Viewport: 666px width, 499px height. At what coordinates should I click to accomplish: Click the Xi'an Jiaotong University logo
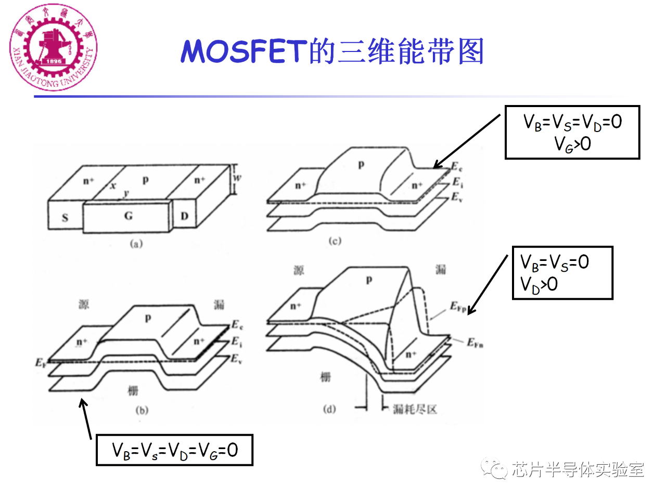(53, 48)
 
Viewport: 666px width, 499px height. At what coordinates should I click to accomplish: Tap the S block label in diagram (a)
(65, 217)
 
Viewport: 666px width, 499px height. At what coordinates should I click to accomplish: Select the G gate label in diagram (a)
(128, 216)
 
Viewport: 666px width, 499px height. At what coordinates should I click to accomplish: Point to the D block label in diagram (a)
(184, 216)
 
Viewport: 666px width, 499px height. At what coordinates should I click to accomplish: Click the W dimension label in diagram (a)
(237, 178)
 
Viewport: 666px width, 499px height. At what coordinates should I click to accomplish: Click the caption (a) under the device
(136, 243)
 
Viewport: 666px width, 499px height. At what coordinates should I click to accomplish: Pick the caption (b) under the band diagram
(142, 410)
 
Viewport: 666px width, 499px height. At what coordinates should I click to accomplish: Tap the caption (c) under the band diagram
(335, 241)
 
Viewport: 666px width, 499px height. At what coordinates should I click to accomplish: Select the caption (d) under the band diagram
(329, 409)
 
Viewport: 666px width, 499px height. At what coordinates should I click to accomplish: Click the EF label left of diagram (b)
(41, 362)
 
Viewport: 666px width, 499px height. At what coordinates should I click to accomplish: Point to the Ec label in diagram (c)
(456, 167)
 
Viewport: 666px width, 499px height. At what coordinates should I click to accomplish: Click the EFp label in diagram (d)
(458, 307)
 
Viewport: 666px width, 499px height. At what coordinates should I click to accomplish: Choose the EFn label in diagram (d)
(475, 343)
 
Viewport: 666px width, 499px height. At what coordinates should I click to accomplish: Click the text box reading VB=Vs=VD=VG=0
(174, 450)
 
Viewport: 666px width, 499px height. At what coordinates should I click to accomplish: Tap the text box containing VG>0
(572, 133)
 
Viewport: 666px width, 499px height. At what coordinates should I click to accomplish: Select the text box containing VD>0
(562, 273)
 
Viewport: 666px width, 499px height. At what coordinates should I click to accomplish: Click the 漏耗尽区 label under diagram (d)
(415, 409)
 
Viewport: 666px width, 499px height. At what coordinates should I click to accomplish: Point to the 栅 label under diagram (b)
(133, 390)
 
